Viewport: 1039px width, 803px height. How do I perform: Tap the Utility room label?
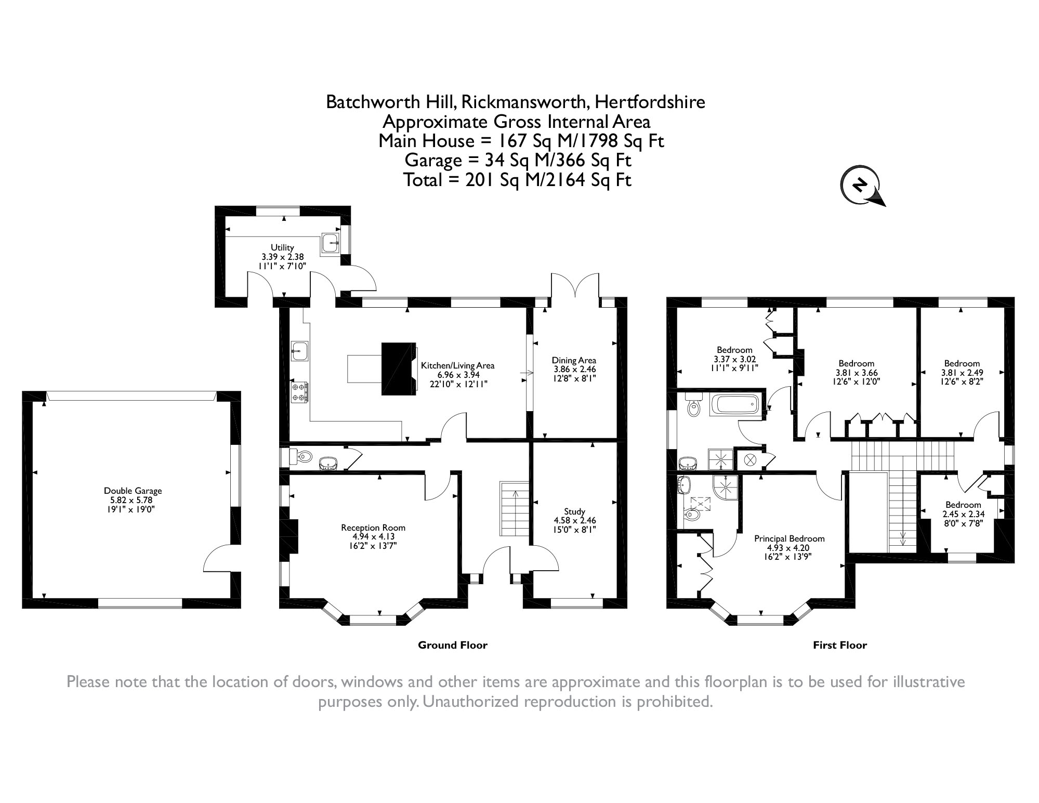click(282, 247)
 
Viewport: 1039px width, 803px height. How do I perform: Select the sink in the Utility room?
click(331, 243)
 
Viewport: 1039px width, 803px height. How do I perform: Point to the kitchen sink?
click(300, 351)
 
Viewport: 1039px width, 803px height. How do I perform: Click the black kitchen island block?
click(399, 368)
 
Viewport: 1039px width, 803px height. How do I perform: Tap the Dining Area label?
click(574, 360)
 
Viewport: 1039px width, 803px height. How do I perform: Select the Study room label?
click(574, 511)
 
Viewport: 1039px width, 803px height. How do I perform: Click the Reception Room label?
click(373, 528)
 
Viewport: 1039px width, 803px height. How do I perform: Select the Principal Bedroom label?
click(790, 538)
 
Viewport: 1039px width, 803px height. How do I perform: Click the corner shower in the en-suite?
click(725, 487)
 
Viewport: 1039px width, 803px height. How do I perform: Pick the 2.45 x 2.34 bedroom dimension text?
click(963, 514)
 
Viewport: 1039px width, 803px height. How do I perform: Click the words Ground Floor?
click(453, 645)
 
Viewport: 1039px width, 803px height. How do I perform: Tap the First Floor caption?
click(840, 645)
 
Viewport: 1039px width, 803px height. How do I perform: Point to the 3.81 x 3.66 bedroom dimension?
click(857, 373)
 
